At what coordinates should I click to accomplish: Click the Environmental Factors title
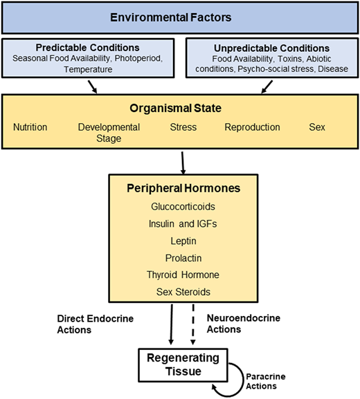179,17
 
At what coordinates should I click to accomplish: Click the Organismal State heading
179,109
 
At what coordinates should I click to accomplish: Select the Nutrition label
30,127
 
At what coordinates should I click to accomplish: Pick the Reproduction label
252,127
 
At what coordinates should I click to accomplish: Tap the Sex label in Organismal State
317,127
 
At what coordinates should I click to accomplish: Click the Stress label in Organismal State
183,127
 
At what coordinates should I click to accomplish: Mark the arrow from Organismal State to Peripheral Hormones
183,163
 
